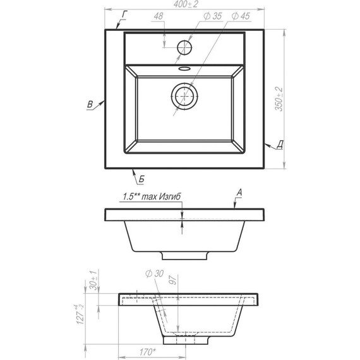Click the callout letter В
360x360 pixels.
(90, 104)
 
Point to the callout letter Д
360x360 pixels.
(279, 145)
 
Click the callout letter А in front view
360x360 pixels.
(239, 191)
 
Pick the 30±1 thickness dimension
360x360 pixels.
(93, 280)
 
